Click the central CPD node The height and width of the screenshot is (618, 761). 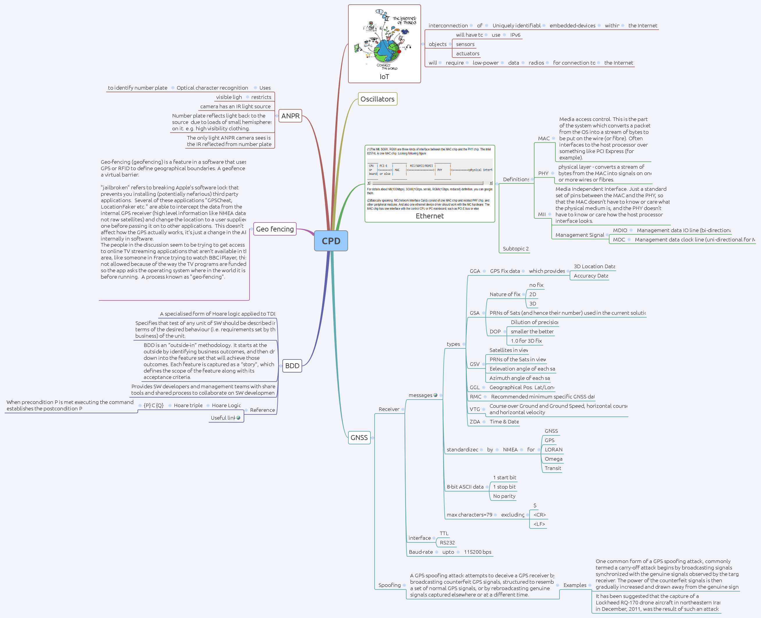[331, 241]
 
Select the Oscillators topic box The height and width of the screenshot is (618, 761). [377, 99]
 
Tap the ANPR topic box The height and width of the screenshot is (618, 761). [290, 116]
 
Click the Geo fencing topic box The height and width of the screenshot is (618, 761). [275, 229]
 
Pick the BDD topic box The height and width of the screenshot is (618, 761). [292, 366]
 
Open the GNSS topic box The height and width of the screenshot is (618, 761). [359, 437]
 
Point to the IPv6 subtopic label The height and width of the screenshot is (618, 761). [515, 35]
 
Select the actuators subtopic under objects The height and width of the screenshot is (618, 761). [468, 54]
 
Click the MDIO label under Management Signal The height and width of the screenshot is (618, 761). [620, 230]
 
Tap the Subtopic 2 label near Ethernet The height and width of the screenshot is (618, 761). [515, 248]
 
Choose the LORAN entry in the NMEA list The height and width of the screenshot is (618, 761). [553, 450]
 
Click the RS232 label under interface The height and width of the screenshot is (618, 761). [447, 542]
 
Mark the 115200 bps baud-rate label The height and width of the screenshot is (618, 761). [477, 552]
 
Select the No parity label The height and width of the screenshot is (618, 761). [504, 496]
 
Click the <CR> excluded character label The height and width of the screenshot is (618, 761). [539, 515]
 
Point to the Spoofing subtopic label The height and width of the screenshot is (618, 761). [389, 585]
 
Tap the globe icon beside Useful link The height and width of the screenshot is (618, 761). [238, 418]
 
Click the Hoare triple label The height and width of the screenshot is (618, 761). [188, 405]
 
